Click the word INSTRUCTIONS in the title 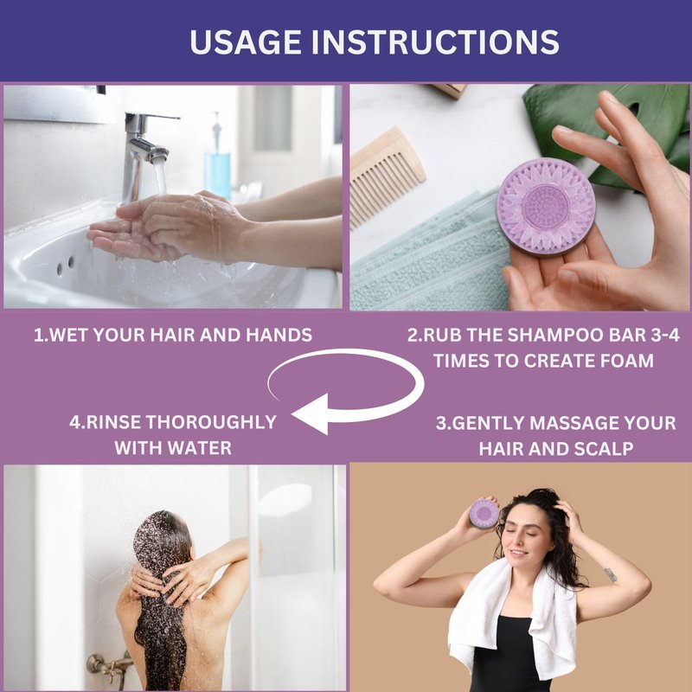pyautogui.click(x=436, y=42)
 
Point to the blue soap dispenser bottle pyautogui.click(x=217, y=163)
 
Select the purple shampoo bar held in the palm pyautogui.click(x=546, y=207)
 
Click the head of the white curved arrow pyautogui.click(x=311, y=413)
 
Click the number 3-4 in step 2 pyautogui.click(x=665, y=335)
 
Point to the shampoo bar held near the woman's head pyautogui.click(x=484, y=513)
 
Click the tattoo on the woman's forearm pyautogui.click(x=611, y=574)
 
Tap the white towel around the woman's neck pyautogui.click(x=512, y=618)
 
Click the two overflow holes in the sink pyautogui.click(x=65, y=266)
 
